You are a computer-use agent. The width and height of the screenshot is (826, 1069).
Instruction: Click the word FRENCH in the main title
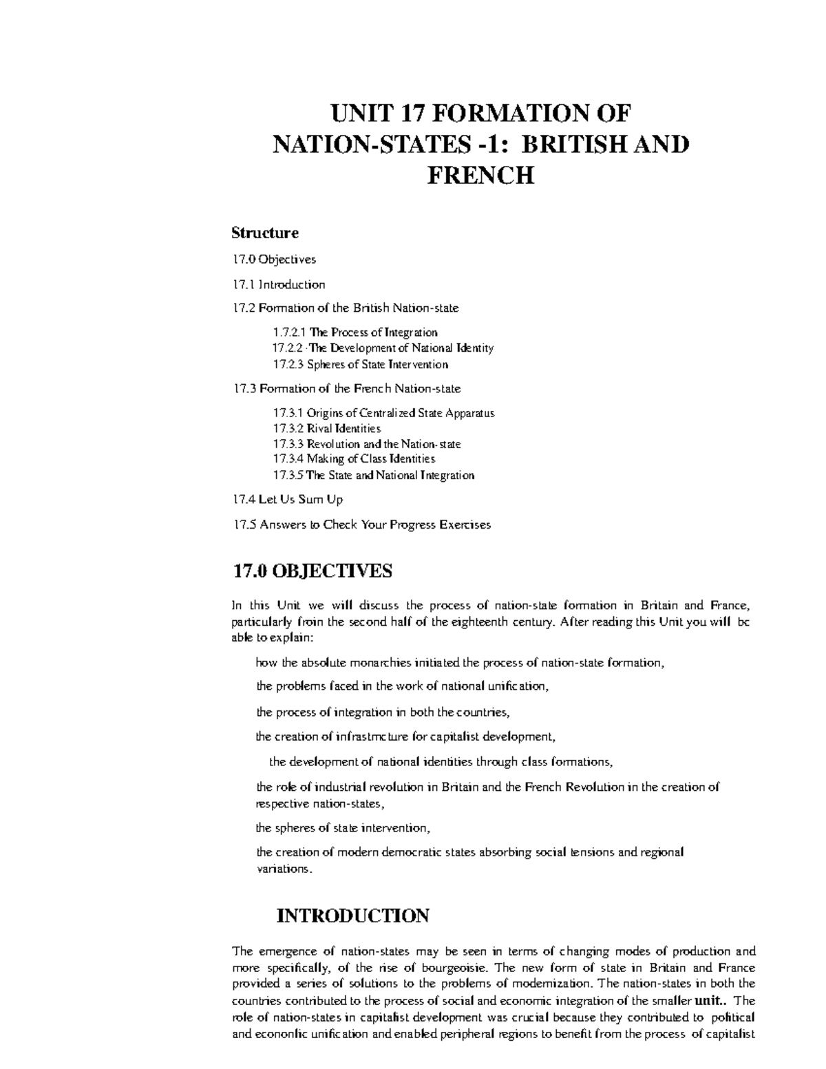coord(480,176)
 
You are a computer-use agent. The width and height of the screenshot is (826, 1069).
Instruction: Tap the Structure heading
coord(265,233)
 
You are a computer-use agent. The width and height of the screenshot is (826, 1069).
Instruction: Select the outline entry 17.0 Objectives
coord(274,260)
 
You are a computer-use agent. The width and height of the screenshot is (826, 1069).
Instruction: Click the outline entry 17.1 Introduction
coord(279,284)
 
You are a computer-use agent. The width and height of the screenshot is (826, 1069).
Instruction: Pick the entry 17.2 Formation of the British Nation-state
coord(346,308)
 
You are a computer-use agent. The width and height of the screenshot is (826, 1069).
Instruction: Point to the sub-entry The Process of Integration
coord(373,332)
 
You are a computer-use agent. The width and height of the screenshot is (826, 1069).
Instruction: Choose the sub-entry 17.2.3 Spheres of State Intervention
coord(360,364)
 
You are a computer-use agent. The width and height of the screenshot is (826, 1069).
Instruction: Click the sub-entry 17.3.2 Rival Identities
coord(326,428)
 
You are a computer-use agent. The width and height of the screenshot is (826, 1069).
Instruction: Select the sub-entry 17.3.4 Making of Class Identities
coord(354,458)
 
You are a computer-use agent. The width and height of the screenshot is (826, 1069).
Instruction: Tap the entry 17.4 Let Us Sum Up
coord(288,499)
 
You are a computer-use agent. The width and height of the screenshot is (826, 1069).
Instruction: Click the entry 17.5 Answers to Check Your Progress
coord(362,525)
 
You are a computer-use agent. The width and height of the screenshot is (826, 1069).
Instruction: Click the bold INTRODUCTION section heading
coord(352,916)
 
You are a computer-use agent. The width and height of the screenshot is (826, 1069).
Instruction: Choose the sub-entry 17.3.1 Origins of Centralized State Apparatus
coord(383,413)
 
